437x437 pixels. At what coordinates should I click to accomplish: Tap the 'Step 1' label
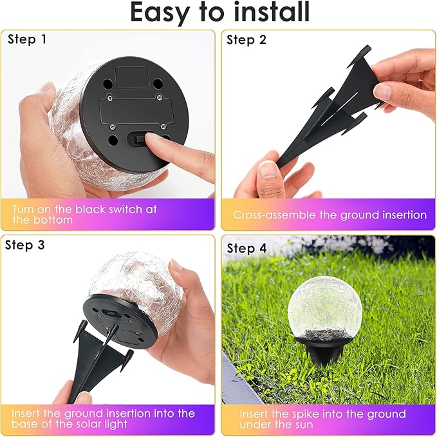pos(27,39)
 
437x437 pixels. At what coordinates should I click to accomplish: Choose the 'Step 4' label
pos(250,248)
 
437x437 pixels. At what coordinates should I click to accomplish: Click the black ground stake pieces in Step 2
pos(322,122)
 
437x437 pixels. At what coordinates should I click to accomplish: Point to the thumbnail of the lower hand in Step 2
pos(270,170)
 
